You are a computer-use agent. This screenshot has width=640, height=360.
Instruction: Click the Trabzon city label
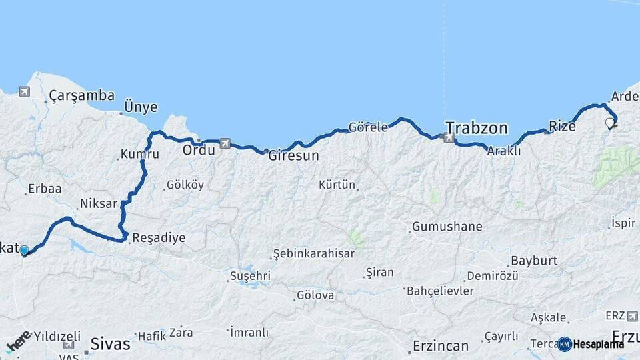pos(477,128)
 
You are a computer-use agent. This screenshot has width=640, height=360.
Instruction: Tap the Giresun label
pos(293,156)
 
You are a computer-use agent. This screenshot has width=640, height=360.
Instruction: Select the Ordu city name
pos(199,150)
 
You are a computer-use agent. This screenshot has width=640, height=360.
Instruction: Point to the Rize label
pos(562,126)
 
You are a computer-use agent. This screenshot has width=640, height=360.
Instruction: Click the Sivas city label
pos(110,345)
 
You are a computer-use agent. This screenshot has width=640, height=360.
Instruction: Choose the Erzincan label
pos(441,346)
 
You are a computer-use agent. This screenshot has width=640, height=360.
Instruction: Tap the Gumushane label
pos(447,227)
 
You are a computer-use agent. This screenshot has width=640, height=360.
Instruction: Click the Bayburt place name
pos(534,261)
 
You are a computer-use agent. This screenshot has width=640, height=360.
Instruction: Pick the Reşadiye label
pos(159,237)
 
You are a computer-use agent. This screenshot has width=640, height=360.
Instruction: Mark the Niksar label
pos(98,203)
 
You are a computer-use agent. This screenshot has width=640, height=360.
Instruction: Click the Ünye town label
pos(141,107)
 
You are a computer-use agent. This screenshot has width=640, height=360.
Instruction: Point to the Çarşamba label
pos(82,96)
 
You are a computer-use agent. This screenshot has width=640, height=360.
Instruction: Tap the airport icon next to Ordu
pos(225,143)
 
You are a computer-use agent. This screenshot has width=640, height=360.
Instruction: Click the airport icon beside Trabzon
pos(448,138)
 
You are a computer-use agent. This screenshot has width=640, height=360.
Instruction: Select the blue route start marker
pos(24,251)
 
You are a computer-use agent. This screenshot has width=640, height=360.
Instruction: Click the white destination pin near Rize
pos(609,123)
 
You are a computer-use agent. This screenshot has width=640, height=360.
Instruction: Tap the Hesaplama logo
pos(591,344)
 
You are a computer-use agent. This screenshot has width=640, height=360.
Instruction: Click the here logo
pos(19,341)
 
